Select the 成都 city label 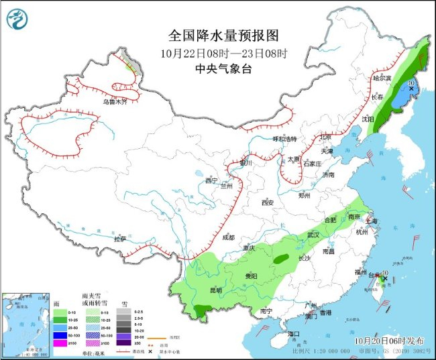228,237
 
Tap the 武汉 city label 313,235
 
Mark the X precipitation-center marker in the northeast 411,88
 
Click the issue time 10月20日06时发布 386,341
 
